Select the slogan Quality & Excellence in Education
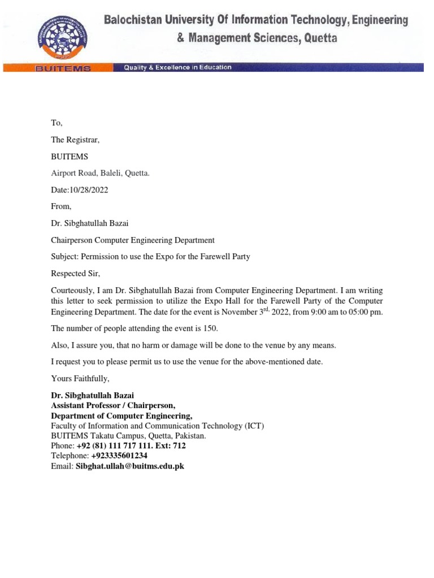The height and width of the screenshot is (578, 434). [177, 67]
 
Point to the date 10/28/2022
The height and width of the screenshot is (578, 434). [88, 190]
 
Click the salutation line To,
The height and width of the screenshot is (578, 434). [57, 122]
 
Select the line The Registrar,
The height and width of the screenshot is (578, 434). [75, 139]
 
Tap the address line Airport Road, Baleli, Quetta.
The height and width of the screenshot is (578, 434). [101, 173]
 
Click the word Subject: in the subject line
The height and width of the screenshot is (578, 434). [65, 256]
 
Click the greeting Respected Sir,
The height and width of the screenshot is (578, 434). [75, 273]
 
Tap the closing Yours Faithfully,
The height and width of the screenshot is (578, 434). [80, 378]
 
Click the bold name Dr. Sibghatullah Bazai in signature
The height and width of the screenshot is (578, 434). [93, 395]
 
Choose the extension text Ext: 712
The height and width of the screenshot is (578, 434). [171, 445]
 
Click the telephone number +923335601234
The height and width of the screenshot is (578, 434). [119, 456]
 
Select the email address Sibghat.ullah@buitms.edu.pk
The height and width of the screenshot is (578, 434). [130, 466]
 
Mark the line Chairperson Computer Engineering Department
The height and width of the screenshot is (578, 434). [133, 240]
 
